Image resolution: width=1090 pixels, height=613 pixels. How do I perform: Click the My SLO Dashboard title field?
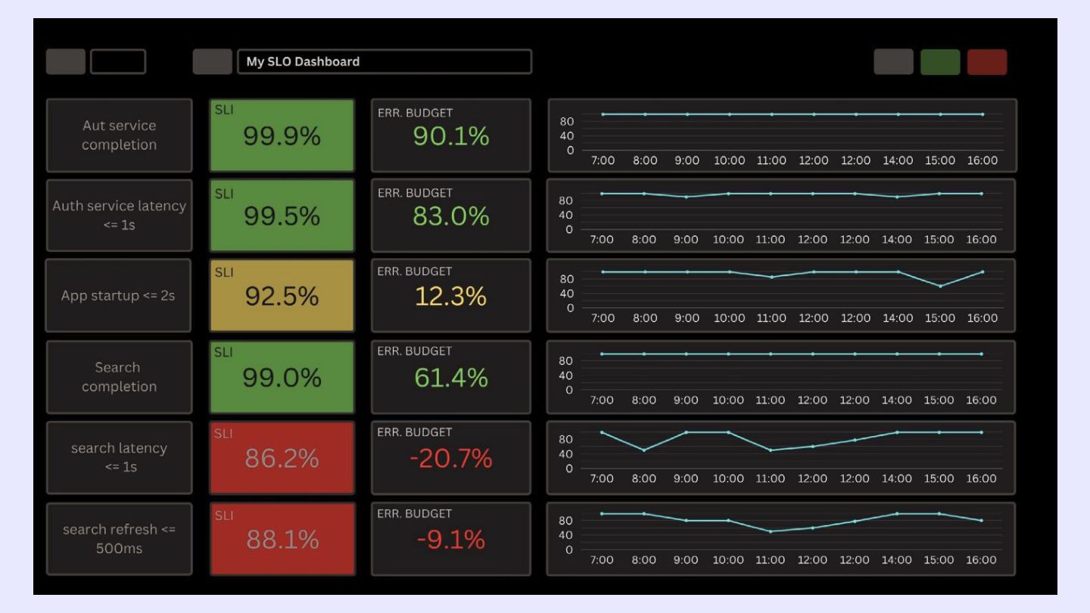384,62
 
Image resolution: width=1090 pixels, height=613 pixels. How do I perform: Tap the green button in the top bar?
940,62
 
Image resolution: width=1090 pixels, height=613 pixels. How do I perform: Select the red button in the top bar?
987,62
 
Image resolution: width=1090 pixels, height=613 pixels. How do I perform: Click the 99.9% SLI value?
282,136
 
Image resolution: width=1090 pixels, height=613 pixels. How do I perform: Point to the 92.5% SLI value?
282,297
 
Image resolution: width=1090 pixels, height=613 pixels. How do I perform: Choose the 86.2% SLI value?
282,459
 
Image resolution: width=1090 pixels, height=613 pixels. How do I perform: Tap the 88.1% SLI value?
282,540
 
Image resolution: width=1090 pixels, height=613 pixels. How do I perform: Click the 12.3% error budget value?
450,297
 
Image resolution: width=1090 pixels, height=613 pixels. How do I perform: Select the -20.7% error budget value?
450,459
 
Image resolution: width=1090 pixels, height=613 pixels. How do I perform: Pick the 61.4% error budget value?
450,377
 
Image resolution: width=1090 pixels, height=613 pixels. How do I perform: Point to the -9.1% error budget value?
450,540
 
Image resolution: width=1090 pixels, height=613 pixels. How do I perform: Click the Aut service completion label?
119,135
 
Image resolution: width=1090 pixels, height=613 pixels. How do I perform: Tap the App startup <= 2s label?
118,296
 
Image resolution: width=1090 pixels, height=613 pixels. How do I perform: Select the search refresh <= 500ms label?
119,539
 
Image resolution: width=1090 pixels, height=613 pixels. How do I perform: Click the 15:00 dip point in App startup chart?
940,286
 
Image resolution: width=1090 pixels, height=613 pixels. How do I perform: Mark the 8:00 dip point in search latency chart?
644,450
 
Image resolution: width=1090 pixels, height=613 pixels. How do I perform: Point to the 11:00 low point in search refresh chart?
771,531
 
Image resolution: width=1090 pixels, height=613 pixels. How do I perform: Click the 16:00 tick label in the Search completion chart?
982,400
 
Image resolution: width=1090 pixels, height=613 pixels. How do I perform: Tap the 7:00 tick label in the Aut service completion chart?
602,160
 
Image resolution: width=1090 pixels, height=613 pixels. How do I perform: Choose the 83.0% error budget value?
450,216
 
